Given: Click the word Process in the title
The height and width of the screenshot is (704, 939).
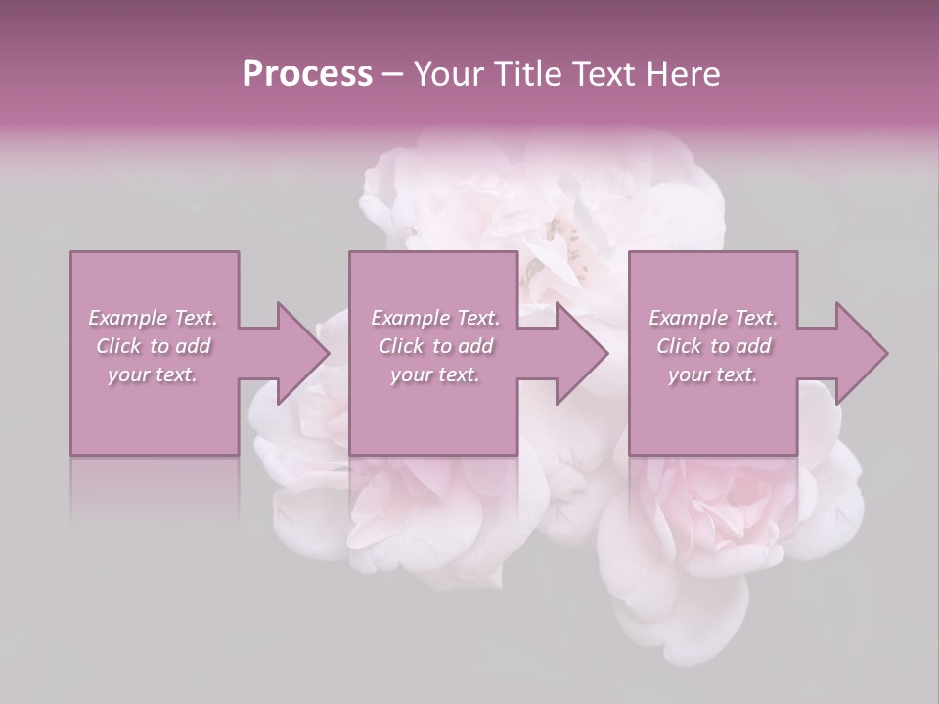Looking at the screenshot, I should pos(307,73).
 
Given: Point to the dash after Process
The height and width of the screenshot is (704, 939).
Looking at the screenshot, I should pos(393,74).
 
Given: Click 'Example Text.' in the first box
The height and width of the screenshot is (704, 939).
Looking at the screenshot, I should pos(153,318).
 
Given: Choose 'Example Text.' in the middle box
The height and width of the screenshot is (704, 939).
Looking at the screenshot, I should pos(435,318).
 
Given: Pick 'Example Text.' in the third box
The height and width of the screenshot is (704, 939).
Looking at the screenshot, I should pos(713,318).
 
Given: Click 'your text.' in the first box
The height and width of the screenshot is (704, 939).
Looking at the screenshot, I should pos(153,374).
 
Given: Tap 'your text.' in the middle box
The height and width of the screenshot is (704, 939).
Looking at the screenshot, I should pos(435,374).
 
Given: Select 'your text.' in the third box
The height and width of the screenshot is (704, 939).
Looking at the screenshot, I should pos(713,374).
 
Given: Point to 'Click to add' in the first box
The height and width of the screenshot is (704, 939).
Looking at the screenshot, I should pos(154,346).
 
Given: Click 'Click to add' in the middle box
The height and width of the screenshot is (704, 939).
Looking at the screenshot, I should pos(436,346).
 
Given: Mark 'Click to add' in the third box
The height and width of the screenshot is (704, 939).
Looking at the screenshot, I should pos(714,346).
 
